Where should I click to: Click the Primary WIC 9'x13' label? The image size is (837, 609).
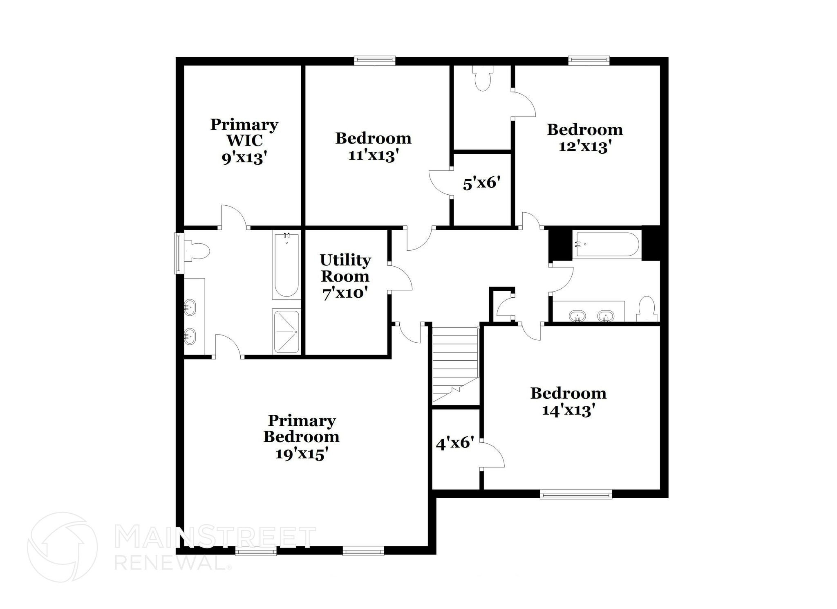(244, 140)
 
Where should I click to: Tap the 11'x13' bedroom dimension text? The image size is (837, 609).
(373, 155)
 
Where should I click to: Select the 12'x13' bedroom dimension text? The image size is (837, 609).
(584, 146)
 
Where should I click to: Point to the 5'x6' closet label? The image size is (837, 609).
(481, 183)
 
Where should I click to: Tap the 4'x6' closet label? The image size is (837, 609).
(455, 443)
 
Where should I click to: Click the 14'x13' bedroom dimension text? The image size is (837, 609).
(568, 410)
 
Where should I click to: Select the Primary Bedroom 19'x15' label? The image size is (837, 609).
(301, 437)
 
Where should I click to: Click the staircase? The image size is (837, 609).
(455, 364)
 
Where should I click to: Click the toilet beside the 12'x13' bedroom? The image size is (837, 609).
(483, 79)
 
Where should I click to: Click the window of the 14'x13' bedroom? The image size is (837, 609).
(576, 494)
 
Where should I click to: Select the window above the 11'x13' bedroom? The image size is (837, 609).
(374, 61)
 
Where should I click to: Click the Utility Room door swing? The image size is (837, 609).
(401, 278)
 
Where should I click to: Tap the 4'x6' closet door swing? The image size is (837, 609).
(492, 454)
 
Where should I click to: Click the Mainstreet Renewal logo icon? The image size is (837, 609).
(62, 547)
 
